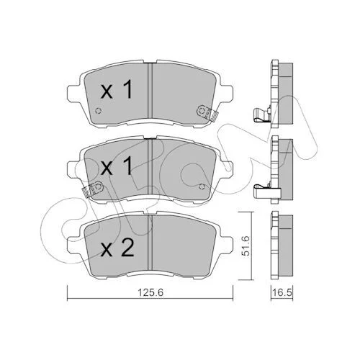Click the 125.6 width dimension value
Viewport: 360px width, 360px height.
[x=150, y=292]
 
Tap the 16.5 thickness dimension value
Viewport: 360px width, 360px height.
[x=282, y=292]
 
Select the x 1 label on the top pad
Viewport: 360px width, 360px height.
[x=117, y=89]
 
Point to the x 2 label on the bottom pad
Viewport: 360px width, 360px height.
[x=117, y=248]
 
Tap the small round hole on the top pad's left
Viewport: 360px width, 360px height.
[x=98, y=111]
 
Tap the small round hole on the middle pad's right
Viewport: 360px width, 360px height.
[x=202, y=186]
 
